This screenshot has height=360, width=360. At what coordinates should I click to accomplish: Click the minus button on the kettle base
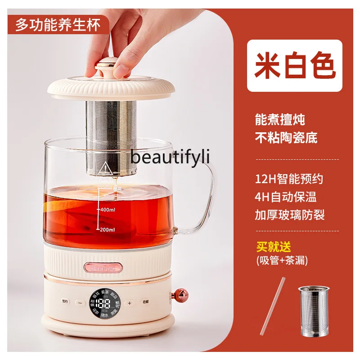pyautogui.click(x=80, y=303)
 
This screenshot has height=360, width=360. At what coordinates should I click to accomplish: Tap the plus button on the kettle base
pyautogui.click(x=129, y=303)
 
